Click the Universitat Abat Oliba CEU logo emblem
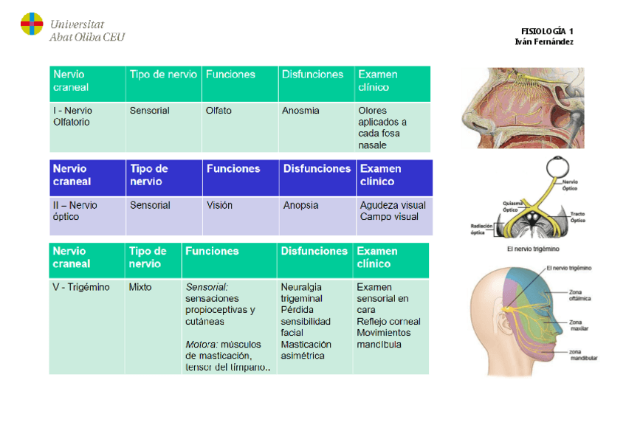[31, 25]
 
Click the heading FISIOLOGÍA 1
[546, 31]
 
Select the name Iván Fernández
[544, 42]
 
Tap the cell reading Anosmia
[300, 111]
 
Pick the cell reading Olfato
[219, 111]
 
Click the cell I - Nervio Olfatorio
[72, 117]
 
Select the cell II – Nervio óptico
[75, 211]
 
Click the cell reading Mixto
[140, 287]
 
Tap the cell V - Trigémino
[81, 287]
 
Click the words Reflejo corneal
[388, 322]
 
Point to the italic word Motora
[201, 344]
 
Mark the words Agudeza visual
[393, 205]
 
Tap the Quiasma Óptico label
[515, 206]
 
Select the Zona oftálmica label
[579, 296]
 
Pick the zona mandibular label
[582, 355]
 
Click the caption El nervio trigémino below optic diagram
[533, 249]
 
